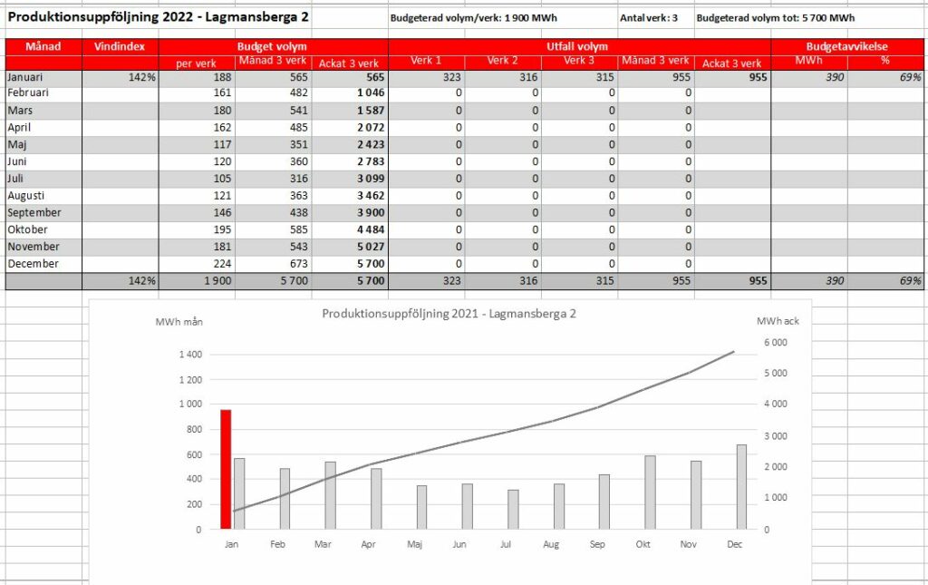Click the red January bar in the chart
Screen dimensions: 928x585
tap(226, 469)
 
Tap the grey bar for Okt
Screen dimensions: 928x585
tap(650, 492)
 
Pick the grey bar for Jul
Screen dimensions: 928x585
tap(513, 509)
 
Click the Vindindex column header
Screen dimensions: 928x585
tap(120, 46)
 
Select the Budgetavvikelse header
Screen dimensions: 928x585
tap(847, 46)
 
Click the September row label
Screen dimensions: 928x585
tap(34, 212)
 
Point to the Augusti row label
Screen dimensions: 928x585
tap(26, 195)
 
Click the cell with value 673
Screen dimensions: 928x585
tap(299, 264)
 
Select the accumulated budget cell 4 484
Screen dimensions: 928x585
tap(371, 229)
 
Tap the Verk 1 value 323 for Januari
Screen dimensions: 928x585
tap(451, 77)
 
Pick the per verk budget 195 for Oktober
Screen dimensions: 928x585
tap(222, 229)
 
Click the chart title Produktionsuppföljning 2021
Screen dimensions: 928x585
tap(449, 314)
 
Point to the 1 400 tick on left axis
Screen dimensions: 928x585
tap(190, 355)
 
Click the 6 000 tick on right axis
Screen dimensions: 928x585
tap(776, 342)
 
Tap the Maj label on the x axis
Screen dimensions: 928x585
tap(414, 544)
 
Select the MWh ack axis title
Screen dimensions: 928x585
tap(778, 321)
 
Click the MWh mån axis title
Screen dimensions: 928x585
tap(179, 321)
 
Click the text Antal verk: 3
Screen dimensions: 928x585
tap(649, 18)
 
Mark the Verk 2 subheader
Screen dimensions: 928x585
tap(502, 61)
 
